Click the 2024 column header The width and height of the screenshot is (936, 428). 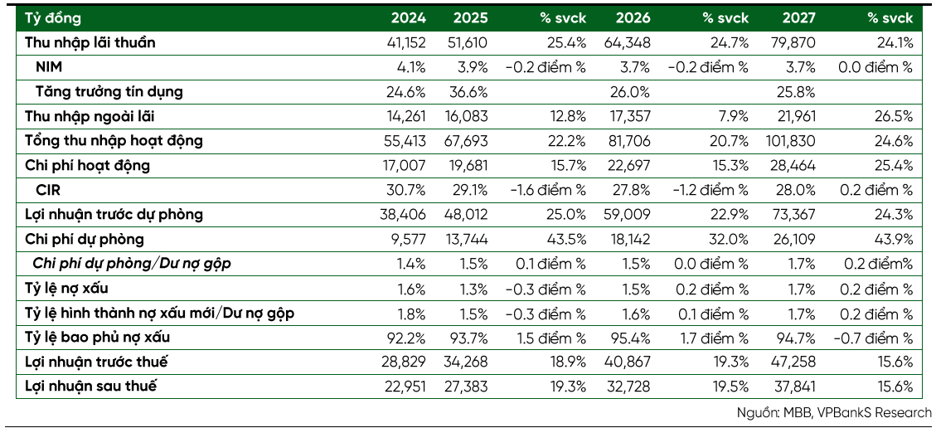click(x=409, y=18)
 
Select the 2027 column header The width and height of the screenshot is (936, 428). click(x=798, y=18)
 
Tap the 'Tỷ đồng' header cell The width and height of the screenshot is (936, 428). click(x=52, y=18)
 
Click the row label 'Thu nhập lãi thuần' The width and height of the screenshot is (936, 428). click(x=90, y=42)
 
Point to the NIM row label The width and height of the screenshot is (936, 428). click(x=49, y=67)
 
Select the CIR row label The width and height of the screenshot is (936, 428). click(x=48, y=190)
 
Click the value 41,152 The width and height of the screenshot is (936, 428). click(x=406, y=43)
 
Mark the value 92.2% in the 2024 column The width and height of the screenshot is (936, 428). click(x=409, y=338)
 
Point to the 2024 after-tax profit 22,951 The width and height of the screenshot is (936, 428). click(x=406, y=387)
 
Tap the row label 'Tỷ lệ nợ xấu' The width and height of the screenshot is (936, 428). click(x=66, y=289)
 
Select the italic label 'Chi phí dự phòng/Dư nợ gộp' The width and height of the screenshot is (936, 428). click(x=131, y=264)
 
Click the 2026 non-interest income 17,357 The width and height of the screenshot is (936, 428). click(x=631, y=116)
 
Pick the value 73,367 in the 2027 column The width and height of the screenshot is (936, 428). click(x=797, y=215)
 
